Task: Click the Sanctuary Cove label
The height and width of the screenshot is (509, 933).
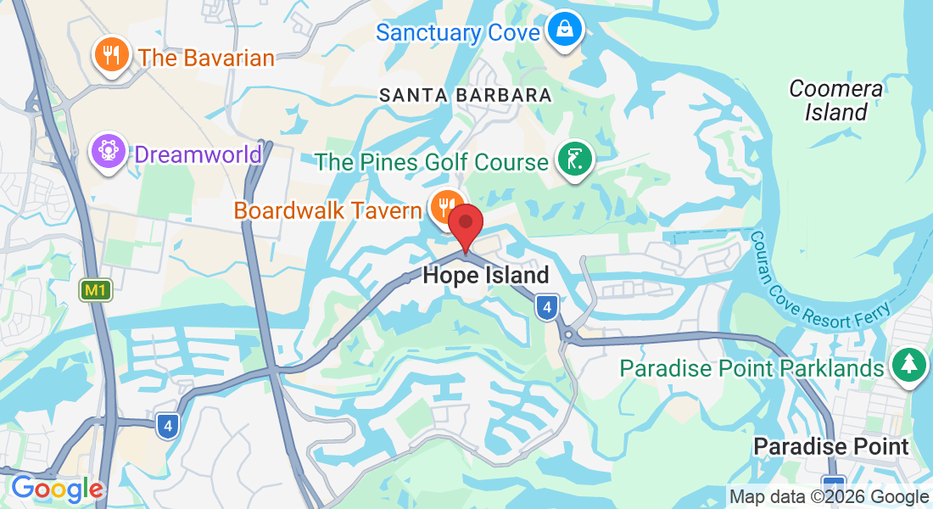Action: tap(457, 33)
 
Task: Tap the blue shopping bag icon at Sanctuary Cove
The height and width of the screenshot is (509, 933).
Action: tap(562, 30)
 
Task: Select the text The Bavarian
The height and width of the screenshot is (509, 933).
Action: tap(207, 58)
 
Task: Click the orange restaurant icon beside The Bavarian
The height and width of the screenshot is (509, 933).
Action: tap(110, 55)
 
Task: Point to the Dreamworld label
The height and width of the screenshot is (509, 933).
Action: tap(198, 154)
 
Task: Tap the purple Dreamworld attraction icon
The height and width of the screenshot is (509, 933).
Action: tap(109, 153)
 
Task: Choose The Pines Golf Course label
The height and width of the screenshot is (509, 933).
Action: tap(432, 161)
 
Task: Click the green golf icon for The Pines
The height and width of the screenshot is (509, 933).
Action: tap(574, 159)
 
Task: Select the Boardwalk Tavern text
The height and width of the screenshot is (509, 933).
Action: tap(327, 210)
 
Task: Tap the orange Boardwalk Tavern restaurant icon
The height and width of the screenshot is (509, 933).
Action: tap(445, 206)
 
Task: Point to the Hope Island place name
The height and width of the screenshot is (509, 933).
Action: tap(486, 275)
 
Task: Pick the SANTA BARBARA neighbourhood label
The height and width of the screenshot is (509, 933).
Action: tap(466, 95)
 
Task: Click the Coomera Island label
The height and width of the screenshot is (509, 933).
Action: tap(836, 100)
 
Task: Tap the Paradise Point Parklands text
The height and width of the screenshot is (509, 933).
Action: tap(751, 368)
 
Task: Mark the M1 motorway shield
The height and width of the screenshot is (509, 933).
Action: tap(96, 291)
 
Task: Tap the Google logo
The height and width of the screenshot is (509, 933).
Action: tap(58, 489)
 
